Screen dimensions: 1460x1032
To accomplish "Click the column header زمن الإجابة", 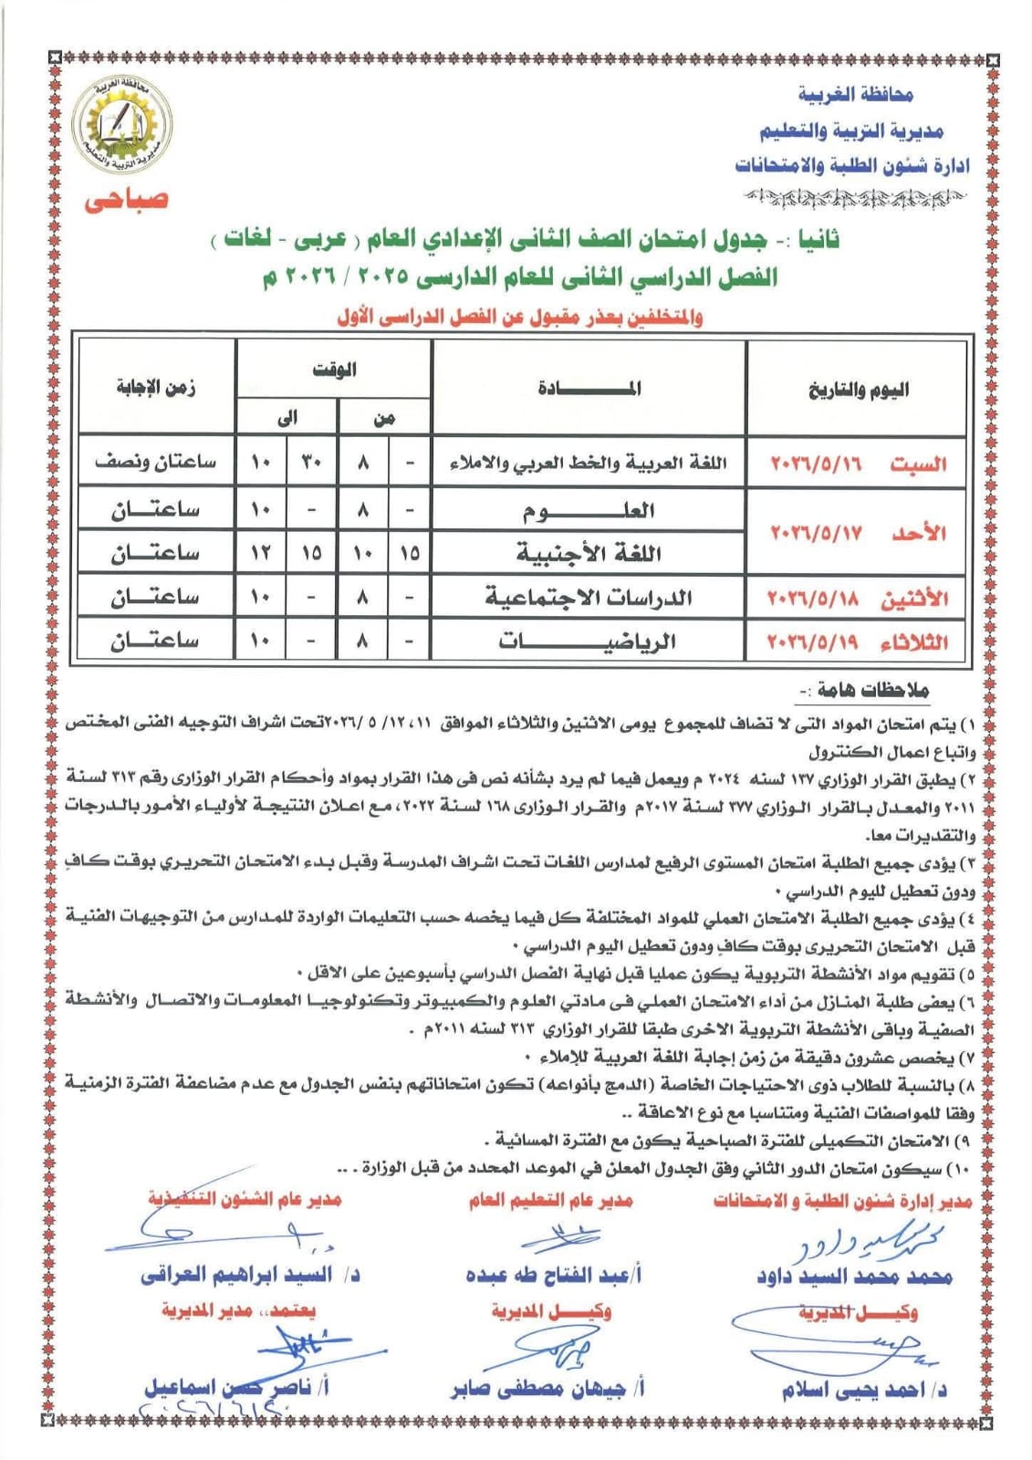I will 156,388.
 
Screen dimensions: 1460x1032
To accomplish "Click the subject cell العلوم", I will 589,510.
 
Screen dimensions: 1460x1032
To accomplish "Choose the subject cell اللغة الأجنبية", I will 589,553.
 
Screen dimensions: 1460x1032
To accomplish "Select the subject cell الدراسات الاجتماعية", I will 589,598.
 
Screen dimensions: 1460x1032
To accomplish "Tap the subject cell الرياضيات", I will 589,641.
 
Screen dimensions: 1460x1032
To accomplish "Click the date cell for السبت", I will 857,464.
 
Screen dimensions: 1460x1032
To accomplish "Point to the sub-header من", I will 384,419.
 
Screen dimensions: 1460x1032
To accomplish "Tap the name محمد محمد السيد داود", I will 854,1277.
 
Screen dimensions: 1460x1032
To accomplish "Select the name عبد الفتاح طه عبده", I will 553,1275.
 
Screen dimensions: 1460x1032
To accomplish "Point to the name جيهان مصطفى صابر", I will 547,1389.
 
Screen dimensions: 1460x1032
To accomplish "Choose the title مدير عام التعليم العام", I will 550,1200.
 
